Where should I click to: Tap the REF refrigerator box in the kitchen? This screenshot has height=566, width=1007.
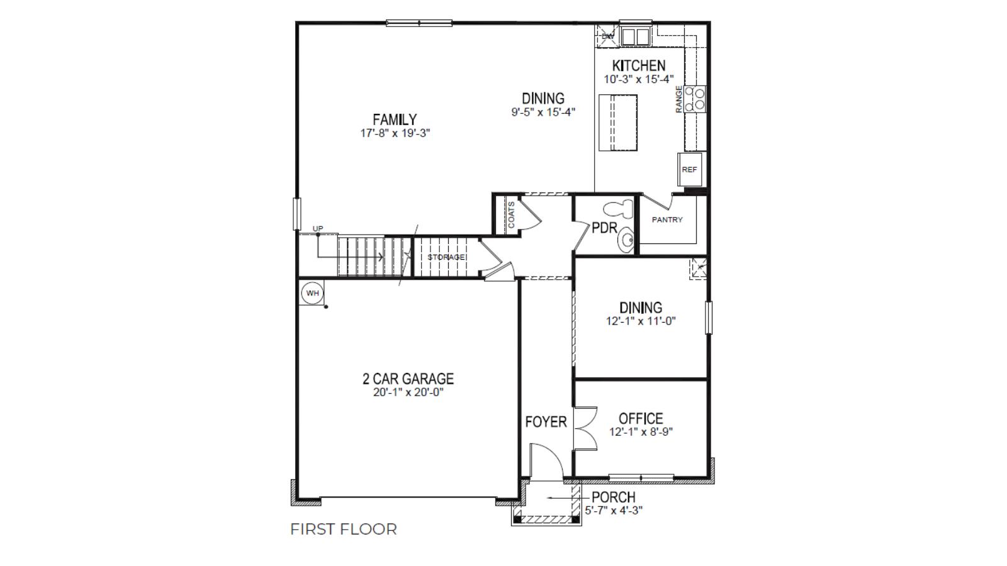click(689, 169)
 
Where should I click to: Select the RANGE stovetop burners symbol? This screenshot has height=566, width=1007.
click(695, 99)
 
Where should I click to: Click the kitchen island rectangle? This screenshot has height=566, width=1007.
click(617, 123)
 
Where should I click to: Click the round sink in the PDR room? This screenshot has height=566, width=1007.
click(626, 240)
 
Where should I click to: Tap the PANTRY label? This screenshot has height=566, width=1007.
click(667, 219)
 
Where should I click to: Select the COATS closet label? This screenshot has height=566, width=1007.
click(511, 215)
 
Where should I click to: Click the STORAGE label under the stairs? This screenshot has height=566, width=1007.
click(446, 257)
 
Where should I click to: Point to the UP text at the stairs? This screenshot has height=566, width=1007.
click(318, 228)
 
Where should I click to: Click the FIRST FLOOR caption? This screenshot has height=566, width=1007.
click(344, 530)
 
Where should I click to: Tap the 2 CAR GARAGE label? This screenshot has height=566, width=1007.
click(408, 379)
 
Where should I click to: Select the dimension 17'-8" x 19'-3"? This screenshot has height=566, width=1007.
click(395, 133)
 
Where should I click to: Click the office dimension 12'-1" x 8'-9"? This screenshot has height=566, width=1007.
click(641, 432)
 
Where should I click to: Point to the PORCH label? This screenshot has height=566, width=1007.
click(613, 497)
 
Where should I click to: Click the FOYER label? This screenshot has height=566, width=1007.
click(546, 422)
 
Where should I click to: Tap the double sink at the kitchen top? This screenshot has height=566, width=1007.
click(634, 36)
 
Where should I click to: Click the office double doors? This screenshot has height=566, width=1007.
click(585, 428)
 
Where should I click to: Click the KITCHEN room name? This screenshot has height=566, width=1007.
click(638, 65)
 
